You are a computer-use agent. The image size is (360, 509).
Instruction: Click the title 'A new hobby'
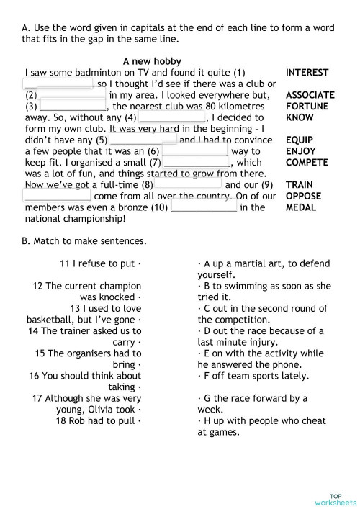tap(152, 61)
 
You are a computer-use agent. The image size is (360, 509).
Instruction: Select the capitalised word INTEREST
tap(307, 73)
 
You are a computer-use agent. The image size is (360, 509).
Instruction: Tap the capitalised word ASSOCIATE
tap(310, 95)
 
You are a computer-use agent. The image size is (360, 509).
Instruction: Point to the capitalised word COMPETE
tap(307, 162)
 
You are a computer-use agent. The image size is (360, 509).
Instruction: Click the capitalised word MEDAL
tap(300, 207)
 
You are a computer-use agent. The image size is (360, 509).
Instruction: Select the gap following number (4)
tap(171, 117)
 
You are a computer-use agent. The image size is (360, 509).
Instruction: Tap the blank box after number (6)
tap(194, 151)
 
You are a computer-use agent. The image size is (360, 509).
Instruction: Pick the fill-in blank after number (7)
tap(196, 163)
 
